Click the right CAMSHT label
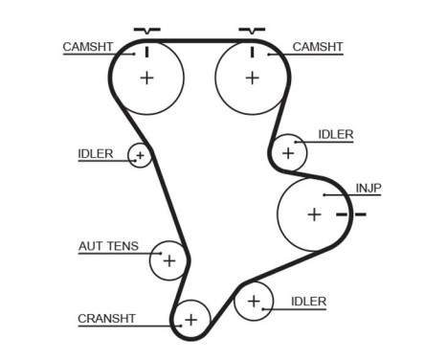316,45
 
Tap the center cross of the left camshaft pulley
146,78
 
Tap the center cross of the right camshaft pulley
251,78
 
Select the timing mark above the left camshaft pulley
146,32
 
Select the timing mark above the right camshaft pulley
251,32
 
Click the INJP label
369,188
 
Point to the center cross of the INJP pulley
314,214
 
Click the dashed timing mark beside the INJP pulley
351,214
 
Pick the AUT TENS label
107,246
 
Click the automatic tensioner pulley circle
169,259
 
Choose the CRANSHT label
106,318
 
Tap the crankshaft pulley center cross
191,319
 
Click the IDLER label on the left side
96,153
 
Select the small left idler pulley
140,155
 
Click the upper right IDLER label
335,135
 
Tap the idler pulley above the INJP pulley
287,152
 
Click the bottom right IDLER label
308,301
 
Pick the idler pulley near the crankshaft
254,302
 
